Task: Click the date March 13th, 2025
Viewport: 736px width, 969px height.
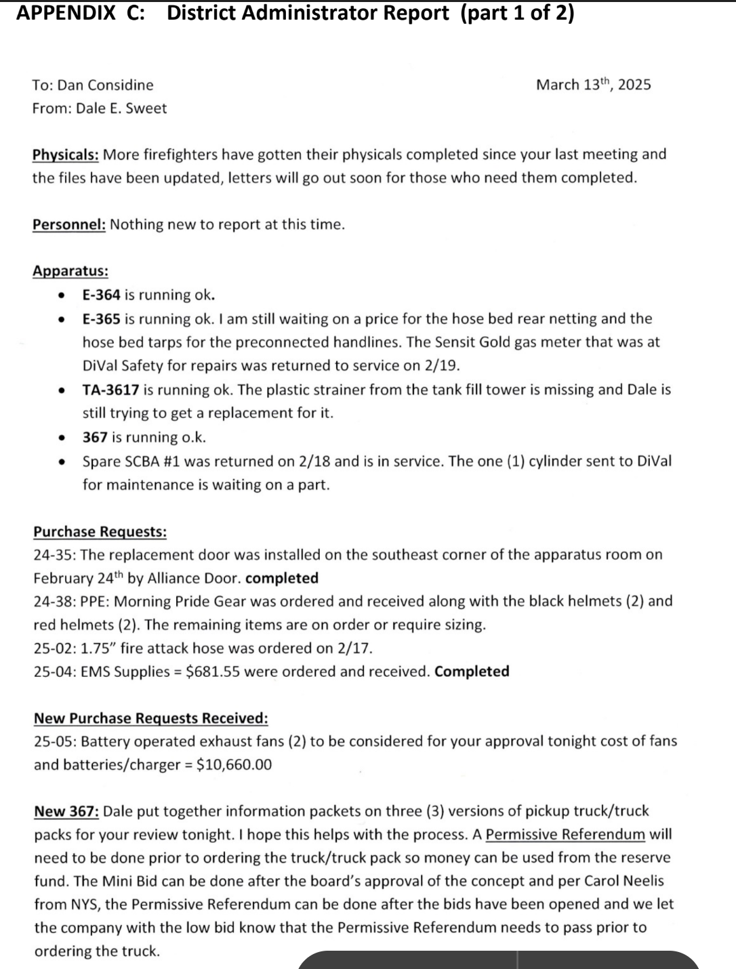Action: click(x=593, y=85)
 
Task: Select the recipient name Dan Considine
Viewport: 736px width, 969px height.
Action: click(x=105, y=85)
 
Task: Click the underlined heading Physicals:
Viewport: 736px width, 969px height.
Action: click(x=66, y=154)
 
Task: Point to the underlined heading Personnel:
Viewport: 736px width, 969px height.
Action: click(x=69, y=224)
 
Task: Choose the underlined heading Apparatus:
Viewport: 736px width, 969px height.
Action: click(x=70, y=271)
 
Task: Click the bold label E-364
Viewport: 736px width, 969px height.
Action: click(x=102, y=295)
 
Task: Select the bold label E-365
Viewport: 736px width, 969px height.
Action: click(x=102, y=318)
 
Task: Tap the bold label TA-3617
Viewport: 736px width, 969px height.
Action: click(x=110, y=390)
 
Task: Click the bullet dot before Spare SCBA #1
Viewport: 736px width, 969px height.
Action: click(x=62, y=461)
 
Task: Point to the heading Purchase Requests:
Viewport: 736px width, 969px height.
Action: click(x=100, y=532)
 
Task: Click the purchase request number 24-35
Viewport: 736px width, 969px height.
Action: click(x=54, y=555)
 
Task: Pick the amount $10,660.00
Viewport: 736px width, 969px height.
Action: click(x=234, y=765)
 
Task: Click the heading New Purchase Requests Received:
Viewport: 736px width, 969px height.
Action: click(x=151, y=718)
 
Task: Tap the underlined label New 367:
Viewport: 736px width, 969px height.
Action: click(x=67, y=811)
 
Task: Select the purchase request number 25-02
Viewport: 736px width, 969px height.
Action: click(x=54, y=648)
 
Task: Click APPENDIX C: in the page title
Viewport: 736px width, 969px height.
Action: click(x=80, y=13)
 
